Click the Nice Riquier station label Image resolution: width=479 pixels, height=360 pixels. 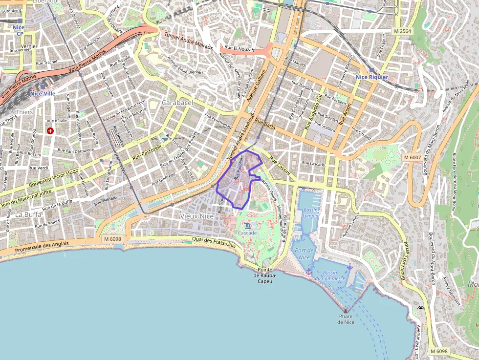click(372, 77)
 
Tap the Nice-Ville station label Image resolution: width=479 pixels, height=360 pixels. click(43, 93)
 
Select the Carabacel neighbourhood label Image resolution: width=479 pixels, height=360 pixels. click(177, 103)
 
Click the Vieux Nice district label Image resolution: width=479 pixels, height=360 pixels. click(197, 216)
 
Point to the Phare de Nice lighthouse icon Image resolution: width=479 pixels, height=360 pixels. click(346, 310)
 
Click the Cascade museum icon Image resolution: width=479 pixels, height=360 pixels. click(247, 225)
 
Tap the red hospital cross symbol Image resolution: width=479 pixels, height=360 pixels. click(50, 131)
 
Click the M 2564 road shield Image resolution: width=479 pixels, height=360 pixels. click(403, 31)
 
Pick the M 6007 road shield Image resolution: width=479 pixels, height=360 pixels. click(413, 157)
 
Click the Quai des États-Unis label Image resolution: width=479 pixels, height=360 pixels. click(214, 242)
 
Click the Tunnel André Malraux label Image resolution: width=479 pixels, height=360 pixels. click(189, 41)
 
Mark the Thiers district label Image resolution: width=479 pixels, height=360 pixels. click(24, 112)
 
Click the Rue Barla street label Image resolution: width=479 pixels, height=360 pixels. click(265, 124)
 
